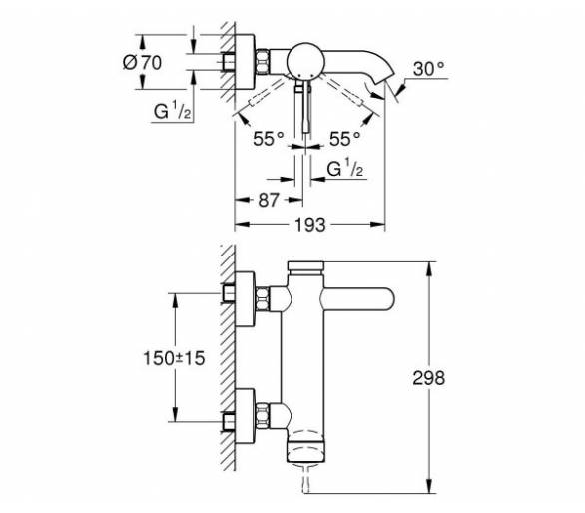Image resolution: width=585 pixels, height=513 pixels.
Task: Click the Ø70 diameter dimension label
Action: pos(142,62)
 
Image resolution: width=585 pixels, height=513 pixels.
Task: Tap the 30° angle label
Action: pos(429,69)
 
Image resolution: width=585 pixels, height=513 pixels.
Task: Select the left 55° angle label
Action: pos(269,139)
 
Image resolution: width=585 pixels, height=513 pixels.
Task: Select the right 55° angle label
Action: pos(345,139)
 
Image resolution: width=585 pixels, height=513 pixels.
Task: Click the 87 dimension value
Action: pos(269,200)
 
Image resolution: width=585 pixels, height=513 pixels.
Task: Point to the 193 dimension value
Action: pos(310,225)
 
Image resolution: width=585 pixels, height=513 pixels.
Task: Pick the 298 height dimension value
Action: pos(429,378)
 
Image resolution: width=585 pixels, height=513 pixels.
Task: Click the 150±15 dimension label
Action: pos(175,358)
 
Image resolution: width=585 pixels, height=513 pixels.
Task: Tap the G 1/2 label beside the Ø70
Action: pos(173,111)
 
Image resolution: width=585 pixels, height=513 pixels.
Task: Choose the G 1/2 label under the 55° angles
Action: pos(345,168)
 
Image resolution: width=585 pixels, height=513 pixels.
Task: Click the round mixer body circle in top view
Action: pos(304,61)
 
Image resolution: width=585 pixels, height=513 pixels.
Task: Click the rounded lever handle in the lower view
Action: pos(358,298)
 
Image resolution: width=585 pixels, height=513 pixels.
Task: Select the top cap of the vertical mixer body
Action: pos(305,267)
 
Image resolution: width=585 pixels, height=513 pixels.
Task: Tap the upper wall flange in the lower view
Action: pos(245,299)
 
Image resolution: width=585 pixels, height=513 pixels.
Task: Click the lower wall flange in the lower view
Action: pos(245,415)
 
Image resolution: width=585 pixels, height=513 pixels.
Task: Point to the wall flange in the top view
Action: pos(245,62)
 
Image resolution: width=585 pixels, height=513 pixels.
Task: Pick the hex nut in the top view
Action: pos(263,61)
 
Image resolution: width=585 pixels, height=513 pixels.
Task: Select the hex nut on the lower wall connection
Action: pos(263,415)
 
